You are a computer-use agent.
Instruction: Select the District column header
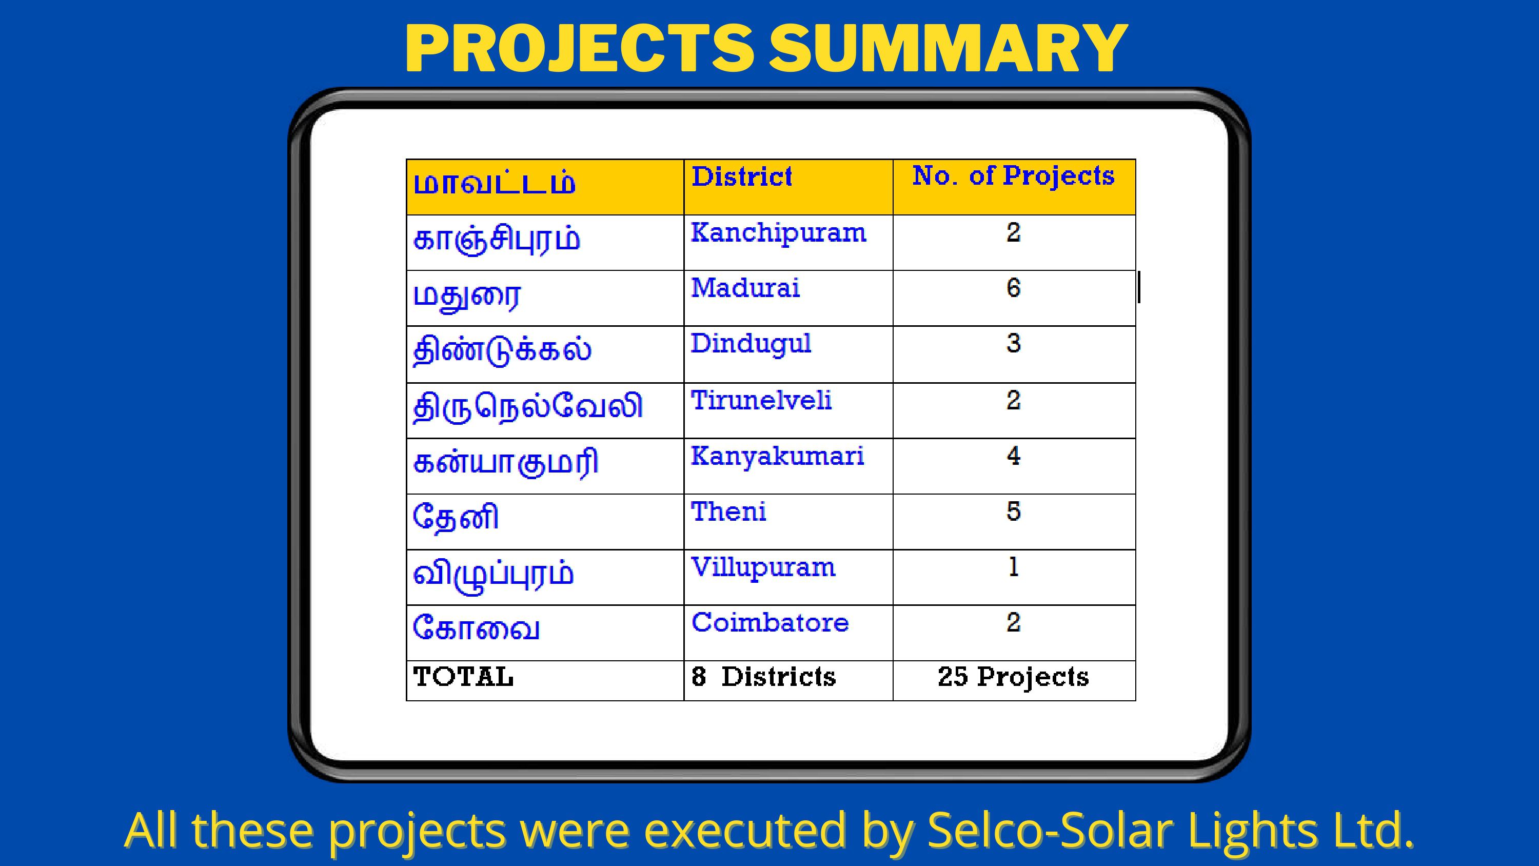point(742,177)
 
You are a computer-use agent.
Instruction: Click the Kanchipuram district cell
point(778,233)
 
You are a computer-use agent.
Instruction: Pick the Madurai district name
point(745,288)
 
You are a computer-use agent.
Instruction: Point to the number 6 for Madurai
point(1013,288)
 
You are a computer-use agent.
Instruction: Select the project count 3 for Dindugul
point(1013,344)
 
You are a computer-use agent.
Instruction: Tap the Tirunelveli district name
point(761,400)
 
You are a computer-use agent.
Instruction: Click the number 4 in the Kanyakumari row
point(1013,456)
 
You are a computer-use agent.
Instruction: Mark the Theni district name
point(728,511)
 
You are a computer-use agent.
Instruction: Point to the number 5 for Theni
point(1013,511)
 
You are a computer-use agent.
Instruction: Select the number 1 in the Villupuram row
point(1013,566)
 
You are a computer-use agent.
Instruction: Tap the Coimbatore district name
point(770,623)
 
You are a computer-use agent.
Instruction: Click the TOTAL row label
point(463,677)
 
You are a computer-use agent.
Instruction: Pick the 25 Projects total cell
point(1013,678)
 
